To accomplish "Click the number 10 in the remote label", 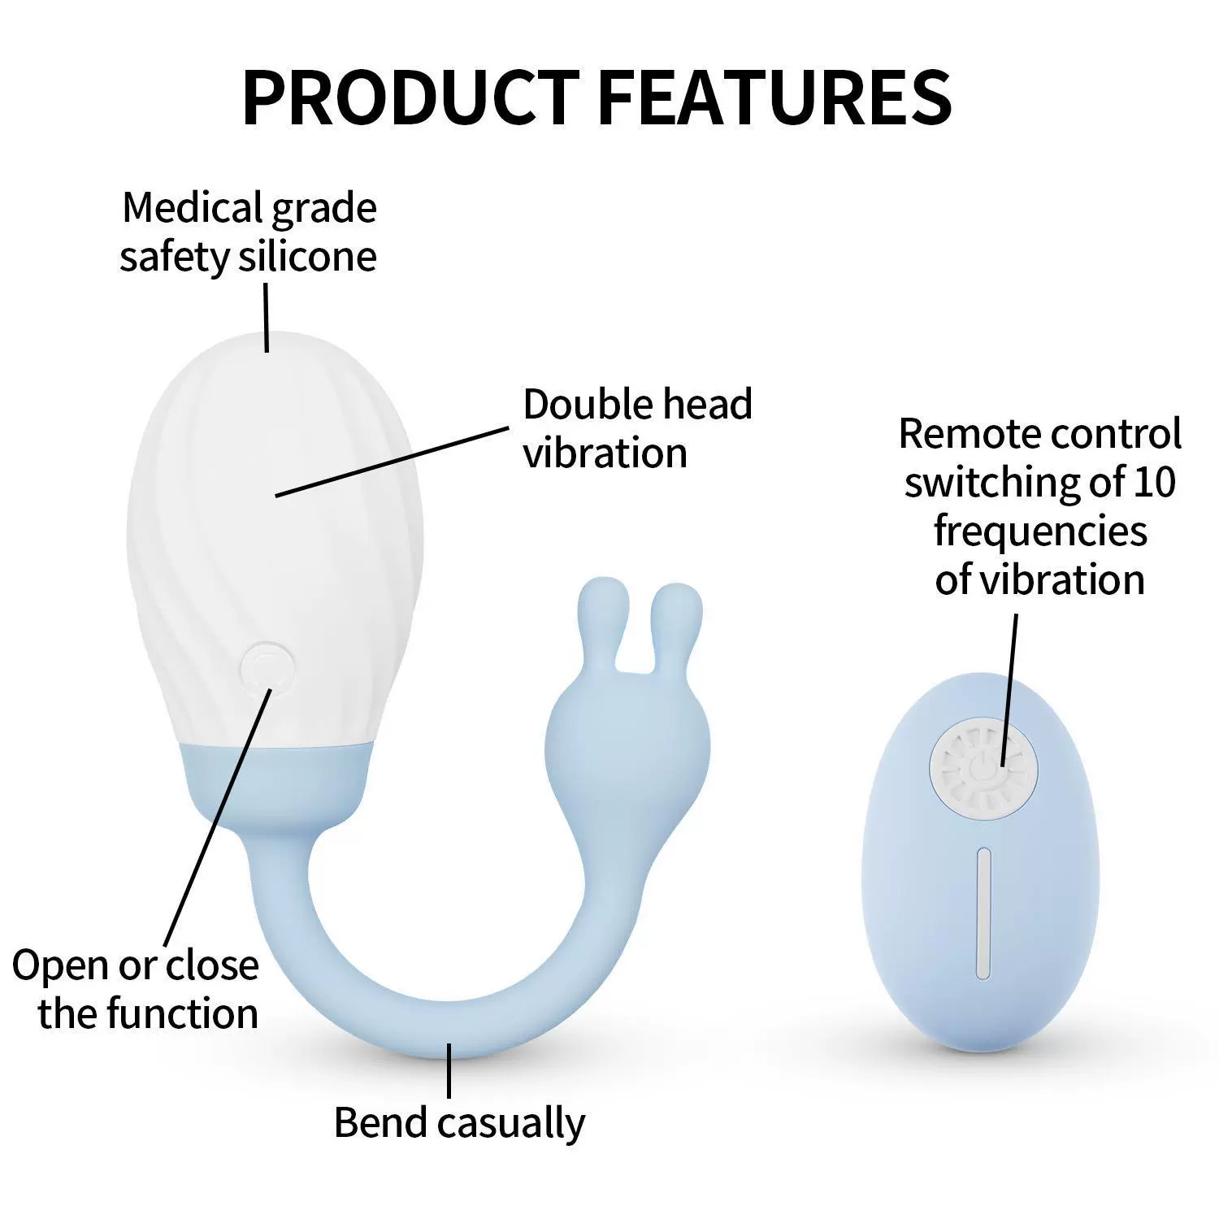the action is pyautogui.click(x=1154, y=482).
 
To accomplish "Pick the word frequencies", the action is pyautogui.click(x=1040, y=532).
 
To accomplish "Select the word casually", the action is pyautogui.click(x=511, y=1125).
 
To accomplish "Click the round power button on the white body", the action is pyautogui.click(x=268, y=668).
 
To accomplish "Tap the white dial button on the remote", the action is pyautogui.click(x=983, y=769).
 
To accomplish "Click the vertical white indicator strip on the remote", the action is pyautogui.click(x=984, y=913).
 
